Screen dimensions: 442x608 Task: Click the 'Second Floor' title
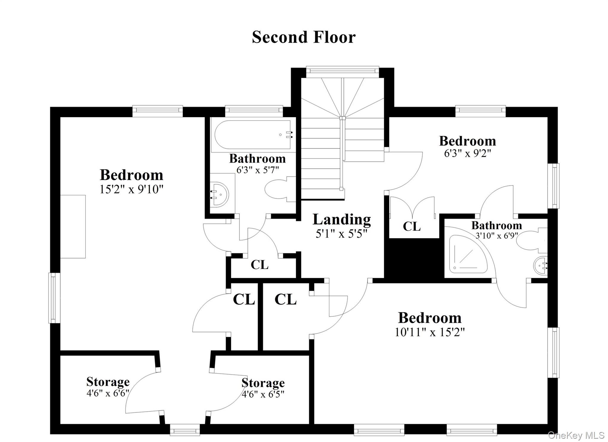click(x=304, y=37)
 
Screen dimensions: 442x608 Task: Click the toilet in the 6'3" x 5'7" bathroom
click(x=279, y=189)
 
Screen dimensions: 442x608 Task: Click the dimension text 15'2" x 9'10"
click(x=131, y=189)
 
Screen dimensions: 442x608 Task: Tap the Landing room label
click(x=342, y=220)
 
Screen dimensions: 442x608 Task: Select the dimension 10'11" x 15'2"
click(x=429, y=332)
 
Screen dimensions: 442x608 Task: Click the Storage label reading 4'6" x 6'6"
click(x=108, y=382)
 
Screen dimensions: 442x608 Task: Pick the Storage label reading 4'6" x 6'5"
click(x=263, y=383)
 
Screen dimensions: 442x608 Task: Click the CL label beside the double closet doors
click(x=411, y=226)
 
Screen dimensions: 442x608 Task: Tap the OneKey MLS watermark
click(x=576, y=435)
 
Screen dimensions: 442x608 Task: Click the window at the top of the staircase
click(x=342, y=70)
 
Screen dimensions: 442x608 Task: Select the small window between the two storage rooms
click(x=185, y=430)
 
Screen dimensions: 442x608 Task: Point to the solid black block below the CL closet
click(x=414, y=258)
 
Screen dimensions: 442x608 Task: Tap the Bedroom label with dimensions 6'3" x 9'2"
click(x=467, y=141)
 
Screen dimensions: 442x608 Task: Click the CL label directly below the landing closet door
click(x=259, y=265)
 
